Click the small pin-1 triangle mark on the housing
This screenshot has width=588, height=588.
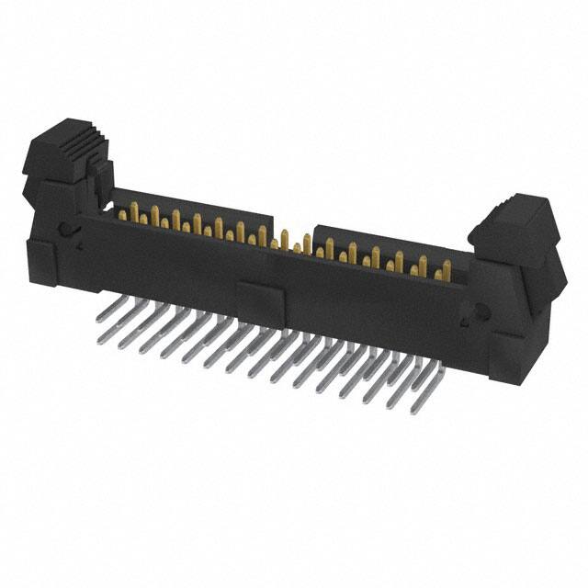pyautogui.click(x=80, y=246)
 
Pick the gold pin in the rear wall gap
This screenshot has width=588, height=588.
pyautogui.click(x=285, y=241)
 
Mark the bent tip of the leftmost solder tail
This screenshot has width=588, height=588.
pyautogui.click(x=99, y=341)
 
